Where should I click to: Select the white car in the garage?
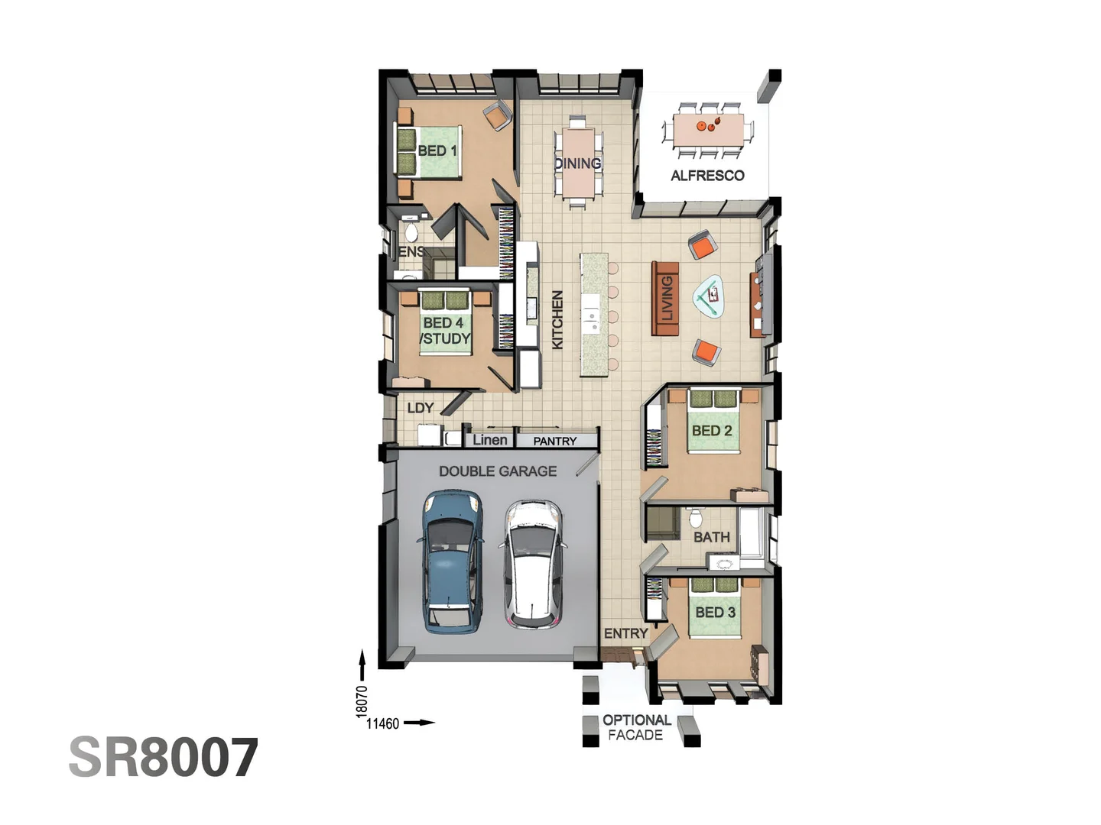click(533, 564)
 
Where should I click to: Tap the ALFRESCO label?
click(707, 176)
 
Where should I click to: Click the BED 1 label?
click(437, 150)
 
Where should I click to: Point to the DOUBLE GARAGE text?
click(498, 471)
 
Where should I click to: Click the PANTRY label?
click(555, 441)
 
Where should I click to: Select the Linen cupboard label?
click(489, 440)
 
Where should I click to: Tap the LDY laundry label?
click(421, 408)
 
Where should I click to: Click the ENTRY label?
click(625, 633)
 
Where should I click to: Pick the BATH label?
click(712, 537)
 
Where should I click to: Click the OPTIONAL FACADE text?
click(636, 727)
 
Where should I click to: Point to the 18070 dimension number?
click(362, 701)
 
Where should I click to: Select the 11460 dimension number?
click(382, 723)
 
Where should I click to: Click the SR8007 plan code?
click(164, 758)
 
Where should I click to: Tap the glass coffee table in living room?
click(709, 295)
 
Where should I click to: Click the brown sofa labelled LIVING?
click(665, 298)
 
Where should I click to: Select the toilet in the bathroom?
click(696, 518)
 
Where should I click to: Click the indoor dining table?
click(578, 163)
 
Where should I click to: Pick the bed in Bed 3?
click(715, 608)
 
